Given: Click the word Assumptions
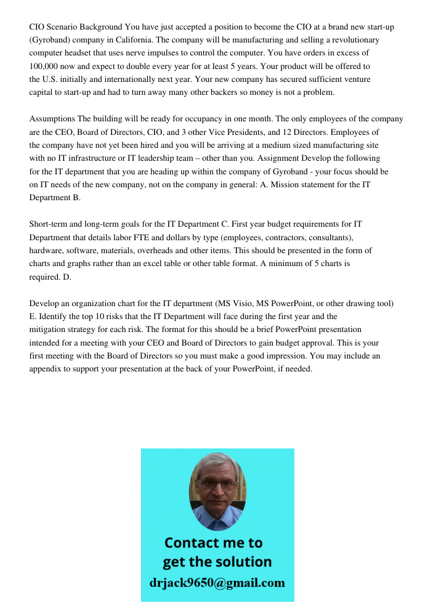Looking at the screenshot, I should (52, 119).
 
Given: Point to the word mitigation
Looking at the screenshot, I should (50, 330).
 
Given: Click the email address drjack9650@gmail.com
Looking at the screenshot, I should (217, 583).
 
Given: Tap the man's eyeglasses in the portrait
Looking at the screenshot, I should (217, 484).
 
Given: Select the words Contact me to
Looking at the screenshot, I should (214, 543).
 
